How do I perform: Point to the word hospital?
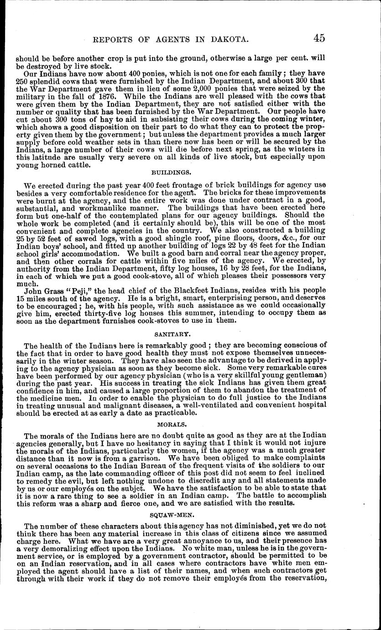tap(310, 405)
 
